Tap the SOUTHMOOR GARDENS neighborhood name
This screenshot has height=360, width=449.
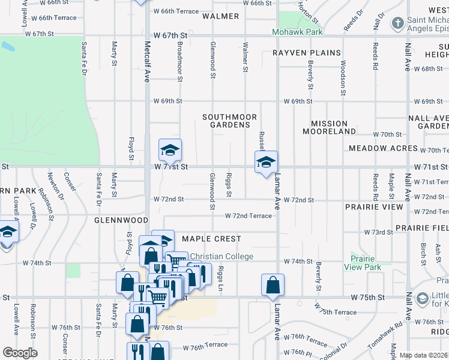[x=230, y=121]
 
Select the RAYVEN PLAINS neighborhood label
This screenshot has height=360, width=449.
[x=307, y=53]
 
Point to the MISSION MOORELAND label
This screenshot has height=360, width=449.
[x=330, y=127]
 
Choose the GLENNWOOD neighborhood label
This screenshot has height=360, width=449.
[x=121, y=220]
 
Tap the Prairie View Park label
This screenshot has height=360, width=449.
[x=363, y=263]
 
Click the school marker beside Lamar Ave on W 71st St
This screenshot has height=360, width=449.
[x=266, y=162]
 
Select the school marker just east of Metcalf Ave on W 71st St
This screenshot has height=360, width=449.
[x=170, y=151]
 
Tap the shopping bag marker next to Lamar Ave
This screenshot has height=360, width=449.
[x=273, y=285]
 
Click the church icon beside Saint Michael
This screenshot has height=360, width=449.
[x=397, y=23]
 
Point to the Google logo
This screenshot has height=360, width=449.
[x=19, y=353]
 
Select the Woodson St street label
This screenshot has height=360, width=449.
[x=343, y=77]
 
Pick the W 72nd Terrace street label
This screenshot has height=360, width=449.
[x=249, y=215]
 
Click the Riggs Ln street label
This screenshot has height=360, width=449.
[x=221, y=279]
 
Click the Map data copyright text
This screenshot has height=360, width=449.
[x=424, y=355]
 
